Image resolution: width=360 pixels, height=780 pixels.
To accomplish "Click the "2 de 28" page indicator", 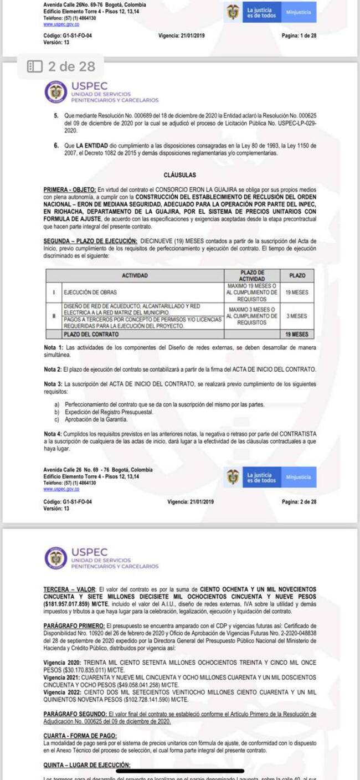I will tap(71, 67).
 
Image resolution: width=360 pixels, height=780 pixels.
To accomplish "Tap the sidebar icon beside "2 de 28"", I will tap(34, 67).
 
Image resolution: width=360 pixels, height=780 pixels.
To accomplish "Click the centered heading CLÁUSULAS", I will tap(180, 175).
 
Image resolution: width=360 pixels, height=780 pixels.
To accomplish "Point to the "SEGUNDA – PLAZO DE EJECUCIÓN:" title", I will tap(90, 241).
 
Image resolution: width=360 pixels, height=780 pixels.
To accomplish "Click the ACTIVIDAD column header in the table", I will tap(134, 275).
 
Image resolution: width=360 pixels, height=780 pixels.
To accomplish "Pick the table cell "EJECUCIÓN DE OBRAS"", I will tap(90, 292).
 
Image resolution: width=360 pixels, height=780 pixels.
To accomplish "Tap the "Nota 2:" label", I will tap(53, 369).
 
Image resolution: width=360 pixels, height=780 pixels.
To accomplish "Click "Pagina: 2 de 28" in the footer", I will tap(299, 502).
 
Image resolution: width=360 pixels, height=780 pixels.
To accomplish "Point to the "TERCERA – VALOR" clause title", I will tap(69, 588).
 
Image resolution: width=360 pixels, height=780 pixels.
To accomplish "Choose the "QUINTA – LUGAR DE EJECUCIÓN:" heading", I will tap(86, 765).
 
